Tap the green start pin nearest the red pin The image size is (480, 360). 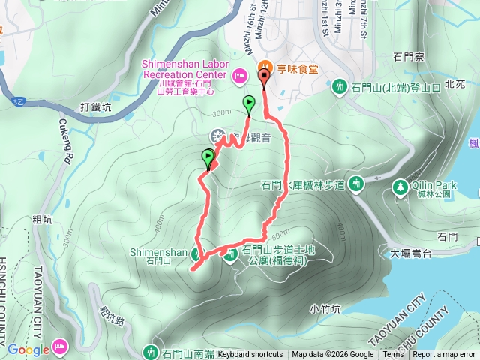(x=249, y=103)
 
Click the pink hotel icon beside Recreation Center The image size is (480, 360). (x=239, y=74)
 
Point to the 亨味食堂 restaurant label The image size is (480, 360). (x=297, y=68)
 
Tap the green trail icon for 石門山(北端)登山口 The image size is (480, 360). (x=340, y=87)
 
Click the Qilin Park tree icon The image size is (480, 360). (x=400, y=186)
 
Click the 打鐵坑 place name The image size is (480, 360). (x=97, y=107)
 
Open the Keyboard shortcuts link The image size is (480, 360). (x=250, y=355)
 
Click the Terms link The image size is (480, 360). (x=393, y=355)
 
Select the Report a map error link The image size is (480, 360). (x=445, y=355)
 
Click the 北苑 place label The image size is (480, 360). (x=455, y=84)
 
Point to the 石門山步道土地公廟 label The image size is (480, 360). (x=275, y=256)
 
